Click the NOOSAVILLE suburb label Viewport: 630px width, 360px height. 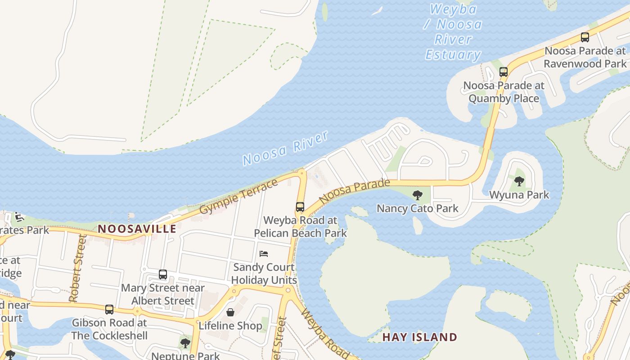click(137, 229)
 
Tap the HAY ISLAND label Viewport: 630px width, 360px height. click(419, 337)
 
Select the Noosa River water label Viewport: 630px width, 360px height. click(286, 148)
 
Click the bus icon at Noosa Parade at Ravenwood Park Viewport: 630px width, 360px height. click(585, 37)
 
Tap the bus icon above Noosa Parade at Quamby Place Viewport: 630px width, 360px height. click(504, 72)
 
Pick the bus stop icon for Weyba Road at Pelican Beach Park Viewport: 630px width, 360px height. click(300, 207)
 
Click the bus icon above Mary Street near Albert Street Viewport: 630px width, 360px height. click(163, 274)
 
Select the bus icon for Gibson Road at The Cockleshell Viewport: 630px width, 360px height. click(109, 310)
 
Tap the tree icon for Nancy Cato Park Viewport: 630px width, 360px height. click(418, 195)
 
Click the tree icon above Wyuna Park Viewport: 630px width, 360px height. click(519, 182)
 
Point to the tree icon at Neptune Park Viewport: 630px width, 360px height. click(185, 343)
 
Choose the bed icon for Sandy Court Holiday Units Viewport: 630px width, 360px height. click(264, 254)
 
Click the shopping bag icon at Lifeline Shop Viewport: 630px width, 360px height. click(230, 312)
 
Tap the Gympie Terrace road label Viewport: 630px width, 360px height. click(239, 197)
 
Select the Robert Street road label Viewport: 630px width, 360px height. click(76, 268)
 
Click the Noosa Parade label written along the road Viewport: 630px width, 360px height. click(355, 190)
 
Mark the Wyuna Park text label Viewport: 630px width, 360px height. click(519, 195)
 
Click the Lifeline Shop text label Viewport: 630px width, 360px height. click(230, 325)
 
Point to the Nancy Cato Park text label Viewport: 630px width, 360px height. click(418, 208)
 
